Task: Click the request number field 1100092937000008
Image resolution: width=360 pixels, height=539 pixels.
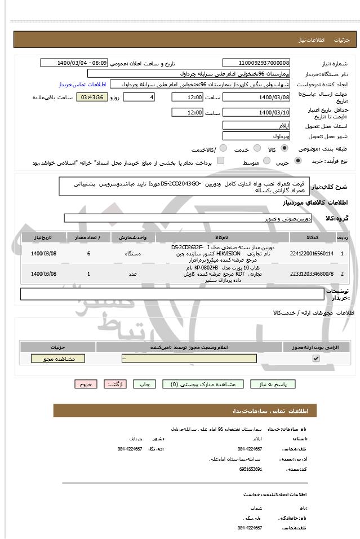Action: tap(257, 63)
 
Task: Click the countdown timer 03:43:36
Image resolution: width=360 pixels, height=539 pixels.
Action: tap(92, 98)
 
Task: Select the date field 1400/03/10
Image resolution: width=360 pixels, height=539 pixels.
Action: tap(257, 113)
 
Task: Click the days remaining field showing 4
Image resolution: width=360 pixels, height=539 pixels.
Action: tap(139, 98)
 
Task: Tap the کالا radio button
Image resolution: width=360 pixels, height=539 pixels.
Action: tap(285, 148)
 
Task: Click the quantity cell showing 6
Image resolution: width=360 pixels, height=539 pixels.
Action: tap(88, 254)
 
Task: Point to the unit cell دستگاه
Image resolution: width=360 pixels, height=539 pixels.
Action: tap(132, 254)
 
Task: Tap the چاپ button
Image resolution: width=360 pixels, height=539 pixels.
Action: tap(145, 384)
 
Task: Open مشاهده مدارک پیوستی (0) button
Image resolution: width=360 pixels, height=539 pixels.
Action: tap(203, 384)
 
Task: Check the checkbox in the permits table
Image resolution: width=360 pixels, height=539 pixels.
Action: tap(316, 359)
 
